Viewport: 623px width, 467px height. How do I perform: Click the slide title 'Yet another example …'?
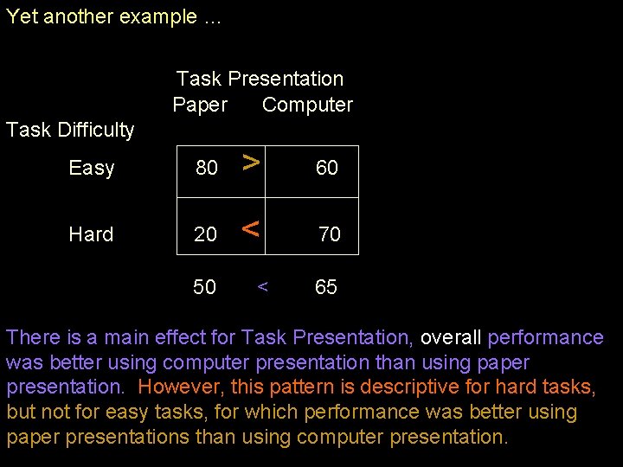coord(113,18)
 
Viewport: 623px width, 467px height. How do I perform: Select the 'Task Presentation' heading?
coord(260,79)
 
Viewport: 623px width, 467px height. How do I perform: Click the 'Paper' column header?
coord(200,105)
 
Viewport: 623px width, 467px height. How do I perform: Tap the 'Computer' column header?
coord(307,105)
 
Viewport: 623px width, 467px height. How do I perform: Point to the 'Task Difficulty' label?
coord(70,130)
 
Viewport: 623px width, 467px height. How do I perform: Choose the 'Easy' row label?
coord(91,168)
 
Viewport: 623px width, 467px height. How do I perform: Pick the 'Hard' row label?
coord(91,234)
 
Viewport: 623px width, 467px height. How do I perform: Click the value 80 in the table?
coord(207,168)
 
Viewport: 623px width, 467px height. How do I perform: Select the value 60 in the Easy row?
coord(326,168)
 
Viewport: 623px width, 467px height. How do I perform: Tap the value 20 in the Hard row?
coord(206,234)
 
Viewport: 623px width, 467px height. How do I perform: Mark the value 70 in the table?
coord(330,234)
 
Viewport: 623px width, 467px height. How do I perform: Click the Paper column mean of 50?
coord(205,287)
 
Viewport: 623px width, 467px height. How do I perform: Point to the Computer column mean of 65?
coord(326,287)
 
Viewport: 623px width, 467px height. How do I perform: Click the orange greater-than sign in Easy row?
coord(250,162)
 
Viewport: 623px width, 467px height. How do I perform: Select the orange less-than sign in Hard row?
coord(250,229)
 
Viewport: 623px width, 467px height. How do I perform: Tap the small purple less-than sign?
coord(262,287)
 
